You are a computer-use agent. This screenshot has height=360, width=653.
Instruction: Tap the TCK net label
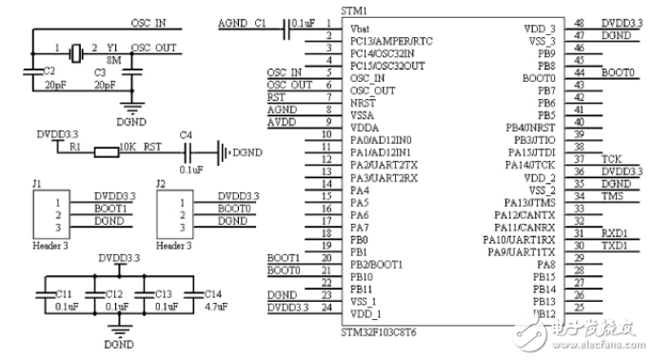tap(611, 158)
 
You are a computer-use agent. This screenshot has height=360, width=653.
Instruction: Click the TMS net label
tap(612, 195)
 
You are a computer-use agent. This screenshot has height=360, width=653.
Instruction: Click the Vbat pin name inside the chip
tap(362, 29)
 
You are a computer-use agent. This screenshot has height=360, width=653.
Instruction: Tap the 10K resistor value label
tap(128, 149)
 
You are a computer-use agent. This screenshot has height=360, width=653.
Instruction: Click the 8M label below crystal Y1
tap(113, 61)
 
